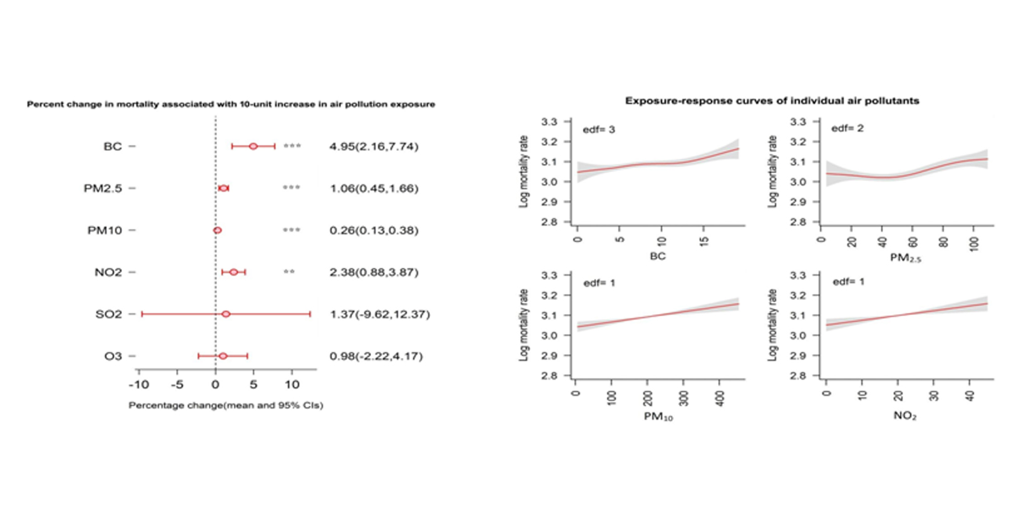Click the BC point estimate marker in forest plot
tap(253, 147)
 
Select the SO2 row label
tap(108, 315)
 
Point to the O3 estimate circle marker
tap(223, 356)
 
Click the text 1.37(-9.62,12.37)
tap(379, 315)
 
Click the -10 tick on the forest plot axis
tap(138, 385)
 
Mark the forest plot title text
tap(230, 104)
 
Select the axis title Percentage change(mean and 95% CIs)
tap(225, 405)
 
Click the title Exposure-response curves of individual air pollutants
tap(772, 101)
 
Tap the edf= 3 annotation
tap(598, 130)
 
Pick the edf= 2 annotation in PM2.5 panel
tap(847, 128)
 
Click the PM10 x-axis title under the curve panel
tap(658, 417)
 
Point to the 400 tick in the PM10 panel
tap(720, 397)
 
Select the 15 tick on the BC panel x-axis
tap(705, 242)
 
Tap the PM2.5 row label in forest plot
tap(103, 189)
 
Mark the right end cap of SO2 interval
tap(310, 315)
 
